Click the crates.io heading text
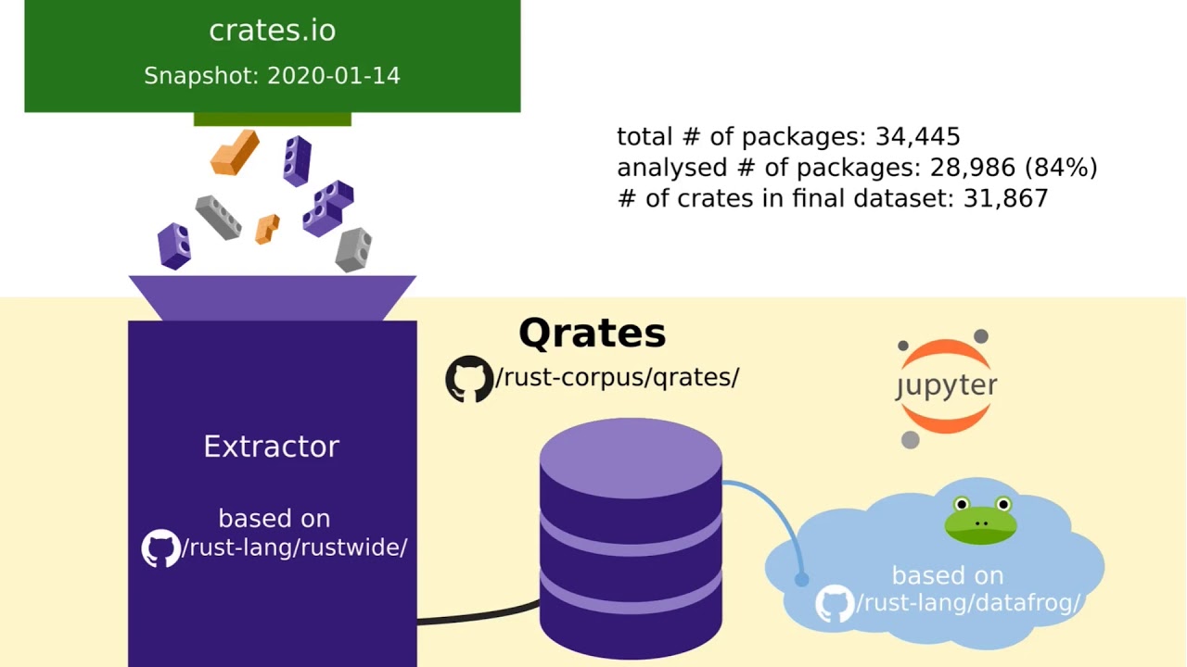coord(273,31)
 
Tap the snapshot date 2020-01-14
coord(334,76)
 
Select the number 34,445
coord(917,137)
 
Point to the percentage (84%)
coord(1061,168)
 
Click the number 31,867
coord(1005,199)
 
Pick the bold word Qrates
coord(592,334)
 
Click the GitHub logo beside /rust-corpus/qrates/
coord(469,379)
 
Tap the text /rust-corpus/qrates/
coord(617,378)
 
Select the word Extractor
coord(272,447)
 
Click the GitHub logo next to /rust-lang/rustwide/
coord(160,548)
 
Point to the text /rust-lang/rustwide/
coord(295,547)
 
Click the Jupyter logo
coord(946,388)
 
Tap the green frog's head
coord(981,520)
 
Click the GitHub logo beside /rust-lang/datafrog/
coord(835,603)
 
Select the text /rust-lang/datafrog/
coord(968,603)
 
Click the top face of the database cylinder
coord(631,459)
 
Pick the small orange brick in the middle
coord(267,229)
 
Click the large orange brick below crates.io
coord(235,152)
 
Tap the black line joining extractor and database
coord(479,615)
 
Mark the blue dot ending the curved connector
coord(802,580)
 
